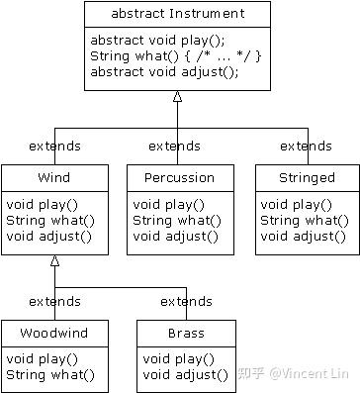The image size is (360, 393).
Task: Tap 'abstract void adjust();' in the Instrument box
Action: coord(164,71)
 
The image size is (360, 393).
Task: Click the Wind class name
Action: coord(54,178)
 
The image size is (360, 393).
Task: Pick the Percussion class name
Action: coord(179,178)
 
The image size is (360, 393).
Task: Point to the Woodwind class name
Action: coord(55,333)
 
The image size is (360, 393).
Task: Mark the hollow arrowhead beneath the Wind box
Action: coord(55,261)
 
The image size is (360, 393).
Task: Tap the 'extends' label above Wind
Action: coord(55,147)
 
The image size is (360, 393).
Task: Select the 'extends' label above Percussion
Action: coord(174,147)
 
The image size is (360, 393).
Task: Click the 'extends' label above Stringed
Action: coord(306,147)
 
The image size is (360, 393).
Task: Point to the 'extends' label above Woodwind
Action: coord(55,301)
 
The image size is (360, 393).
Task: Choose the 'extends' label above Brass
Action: coord(186,301)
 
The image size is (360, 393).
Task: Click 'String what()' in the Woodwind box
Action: coord(50,374)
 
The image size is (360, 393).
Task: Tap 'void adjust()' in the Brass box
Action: coord(185,374)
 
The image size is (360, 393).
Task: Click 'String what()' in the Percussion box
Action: coord(175,220)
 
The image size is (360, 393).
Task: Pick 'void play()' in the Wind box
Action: coord(41,205)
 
